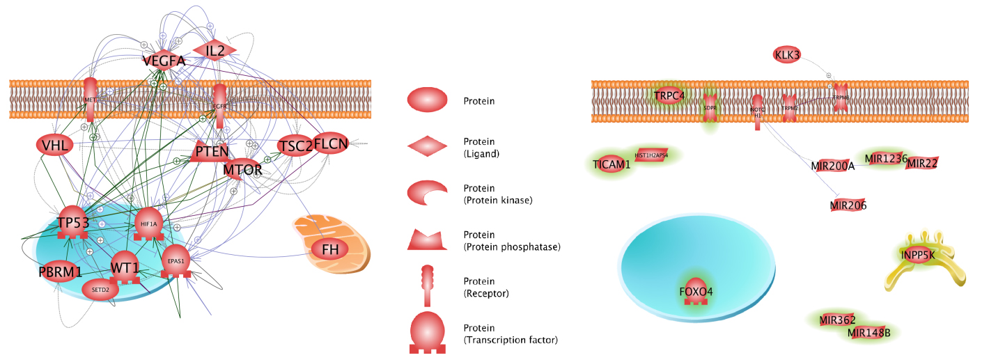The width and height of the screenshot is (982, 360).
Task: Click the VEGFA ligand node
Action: click(164, 61)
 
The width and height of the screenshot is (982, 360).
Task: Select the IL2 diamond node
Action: click(215, 50)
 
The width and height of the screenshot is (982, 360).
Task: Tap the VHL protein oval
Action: click(54, 146)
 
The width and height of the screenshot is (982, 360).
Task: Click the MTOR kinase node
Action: click(242, 169)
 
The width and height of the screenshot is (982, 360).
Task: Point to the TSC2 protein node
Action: click(295, 146)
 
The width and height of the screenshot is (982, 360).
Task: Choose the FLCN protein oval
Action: click(331, 144)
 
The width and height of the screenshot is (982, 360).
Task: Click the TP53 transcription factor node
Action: click(72, 222)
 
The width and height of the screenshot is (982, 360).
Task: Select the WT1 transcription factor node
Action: click(125, 267)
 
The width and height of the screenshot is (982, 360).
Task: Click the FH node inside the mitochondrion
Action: click(329, 249)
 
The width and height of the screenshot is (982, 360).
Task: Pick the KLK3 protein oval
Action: click(787, 55)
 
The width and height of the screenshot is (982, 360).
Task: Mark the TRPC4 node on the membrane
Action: click(669, 96)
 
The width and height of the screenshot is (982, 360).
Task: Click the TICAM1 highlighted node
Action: click(611, 164)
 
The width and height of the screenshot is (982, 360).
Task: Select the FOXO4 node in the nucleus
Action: click(696, 292)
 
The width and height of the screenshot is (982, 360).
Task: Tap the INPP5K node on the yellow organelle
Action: click(917, 256)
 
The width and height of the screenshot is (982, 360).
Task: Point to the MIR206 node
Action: click(848, 205)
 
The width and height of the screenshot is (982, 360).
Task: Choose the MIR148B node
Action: click(868, 333)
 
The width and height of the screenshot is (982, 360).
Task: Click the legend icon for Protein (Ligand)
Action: click(427, 145)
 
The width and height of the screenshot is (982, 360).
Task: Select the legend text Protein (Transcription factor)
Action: click(510, 334)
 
